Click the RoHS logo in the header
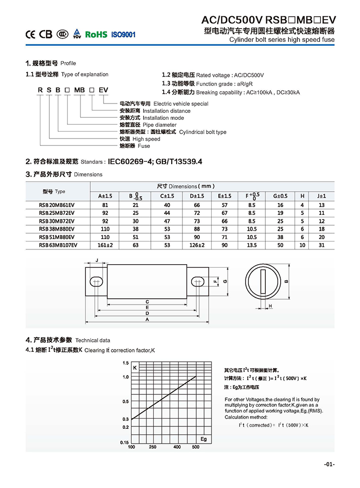96,35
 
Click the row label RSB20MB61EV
57,205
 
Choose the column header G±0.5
280,196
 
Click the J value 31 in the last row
322,245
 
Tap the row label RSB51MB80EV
57,237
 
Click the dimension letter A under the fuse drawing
147,319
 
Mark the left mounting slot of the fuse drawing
96,281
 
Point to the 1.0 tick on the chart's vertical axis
125,377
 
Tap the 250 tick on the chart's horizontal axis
152,447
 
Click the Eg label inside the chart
204,439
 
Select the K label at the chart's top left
134,368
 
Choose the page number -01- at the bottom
329,464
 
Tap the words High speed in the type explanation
146,139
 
